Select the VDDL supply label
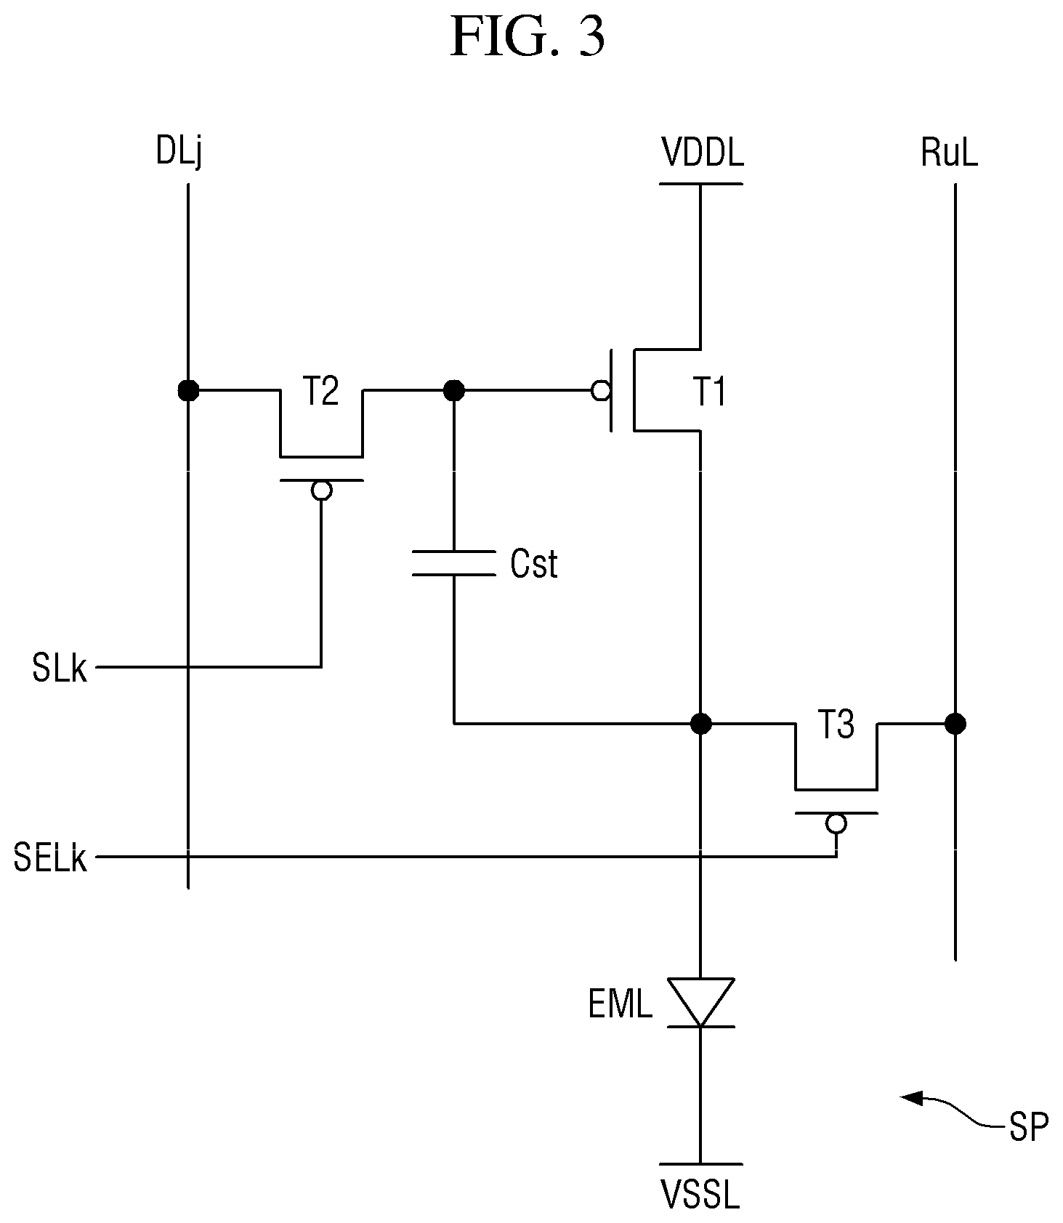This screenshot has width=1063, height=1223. (702, 153)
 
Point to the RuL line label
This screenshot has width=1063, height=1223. (949, 153)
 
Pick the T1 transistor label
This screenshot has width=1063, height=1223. (709, 392)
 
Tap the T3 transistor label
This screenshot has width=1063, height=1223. (836, 724)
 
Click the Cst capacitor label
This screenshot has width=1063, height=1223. (534, 564)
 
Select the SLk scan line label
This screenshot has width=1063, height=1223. (60, 668)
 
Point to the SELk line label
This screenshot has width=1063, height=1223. (50, 858)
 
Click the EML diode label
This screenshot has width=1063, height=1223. (621, 1006)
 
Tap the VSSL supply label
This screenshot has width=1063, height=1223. (700, 1195)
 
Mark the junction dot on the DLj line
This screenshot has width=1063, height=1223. (188, 391)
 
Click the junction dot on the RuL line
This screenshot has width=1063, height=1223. (955, 724)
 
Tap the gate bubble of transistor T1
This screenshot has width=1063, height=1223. (601, 391)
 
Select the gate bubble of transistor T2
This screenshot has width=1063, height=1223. (321, 491)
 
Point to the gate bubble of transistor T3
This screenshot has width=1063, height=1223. (836, 823)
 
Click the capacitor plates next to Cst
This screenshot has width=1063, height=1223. (453, 564)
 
